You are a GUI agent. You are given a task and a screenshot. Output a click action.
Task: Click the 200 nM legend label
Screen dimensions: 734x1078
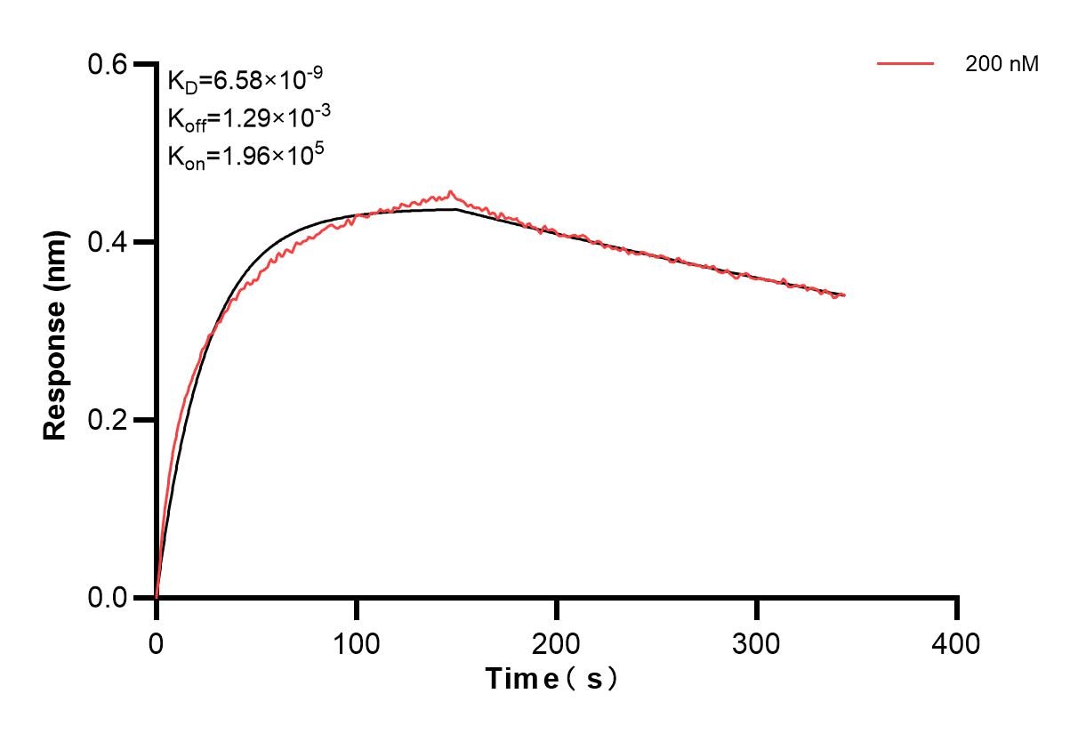pos(1002,64)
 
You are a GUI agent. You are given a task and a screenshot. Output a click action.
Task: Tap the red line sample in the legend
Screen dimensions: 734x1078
pos(905,64)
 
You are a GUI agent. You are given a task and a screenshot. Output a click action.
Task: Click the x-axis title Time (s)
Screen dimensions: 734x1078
pos(551,679)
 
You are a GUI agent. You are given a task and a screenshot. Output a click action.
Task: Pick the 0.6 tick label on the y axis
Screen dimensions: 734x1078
pos(108,64)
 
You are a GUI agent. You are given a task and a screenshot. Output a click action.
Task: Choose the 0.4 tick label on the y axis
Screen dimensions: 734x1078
pos(108,242)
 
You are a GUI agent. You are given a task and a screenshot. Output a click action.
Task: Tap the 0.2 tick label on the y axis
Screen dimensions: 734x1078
pos(108,420)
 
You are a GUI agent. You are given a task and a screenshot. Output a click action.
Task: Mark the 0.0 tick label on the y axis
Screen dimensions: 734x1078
pos(108,597)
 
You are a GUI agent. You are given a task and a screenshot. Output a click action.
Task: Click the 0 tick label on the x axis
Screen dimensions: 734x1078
pos(157,642)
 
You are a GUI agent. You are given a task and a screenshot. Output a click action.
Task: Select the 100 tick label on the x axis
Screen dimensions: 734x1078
pos(357,642)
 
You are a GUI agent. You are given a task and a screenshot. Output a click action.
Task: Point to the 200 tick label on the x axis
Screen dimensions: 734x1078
pos(557,642)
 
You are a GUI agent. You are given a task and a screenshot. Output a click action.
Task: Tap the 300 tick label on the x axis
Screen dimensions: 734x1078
pos(757,642)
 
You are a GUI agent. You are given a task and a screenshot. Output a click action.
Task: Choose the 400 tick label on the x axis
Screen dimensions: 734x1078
pos(957,642)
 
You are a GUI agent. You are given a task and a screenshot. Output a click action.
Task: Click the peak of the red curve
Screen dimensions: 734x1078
pos(451,190)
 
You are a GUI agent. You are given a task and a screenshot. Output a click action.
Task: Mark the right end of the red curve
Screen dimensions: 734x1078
pos(845,294)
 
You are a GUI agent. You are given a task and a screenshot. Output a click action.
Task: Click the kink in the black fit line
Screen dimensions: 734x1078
pos(456,209)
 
